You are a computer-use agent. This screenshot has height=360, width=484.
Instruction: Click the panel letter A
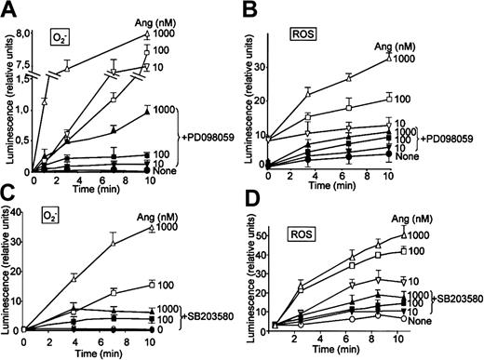pyautogui.click(x=9, y=11)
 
